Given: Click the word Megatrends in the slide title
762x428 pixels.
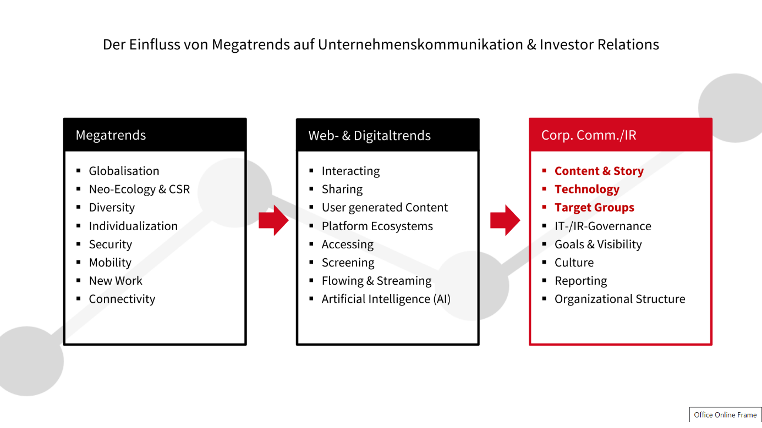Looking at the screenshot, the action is [x=250, y=45].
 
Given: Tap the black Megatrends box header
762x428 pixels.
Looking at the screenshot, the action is [x=155, y=135].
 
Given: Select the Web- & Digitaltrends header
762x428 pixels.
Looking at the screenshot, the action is [x=387, y=135].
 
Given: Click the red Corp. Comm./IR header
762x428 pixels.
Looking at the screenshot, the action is [x=621, y=135].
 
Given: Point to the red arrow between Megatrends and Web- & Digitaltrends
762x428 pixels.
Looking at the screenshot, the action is [x=273, y=220].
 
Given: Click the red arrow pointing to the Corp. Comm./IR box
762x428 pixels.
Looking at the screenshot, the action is [x=505, y=220].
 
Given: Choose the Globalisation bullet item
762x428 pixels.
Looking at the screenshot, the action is [x=124, y=171].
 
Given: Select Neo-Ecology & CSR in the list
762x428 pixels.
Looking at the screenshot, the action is [x=139, y=189].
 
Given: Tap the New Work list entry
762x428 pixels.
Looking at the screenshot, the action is [x=116, y=281].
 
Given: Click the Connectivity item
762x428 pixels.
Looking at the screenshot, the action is [x=122, y=299].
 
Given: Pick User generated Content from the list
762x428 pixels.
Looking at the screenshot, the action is [x=385, y=208].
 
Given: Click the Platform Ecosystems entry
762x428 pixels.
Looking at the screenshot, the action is [x=377, y=226].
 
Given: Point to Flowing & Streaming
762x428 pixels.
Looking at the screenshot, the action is [x=376, y=281].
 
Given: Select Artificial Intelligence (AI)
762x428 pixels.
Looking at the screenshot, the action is [x=386, y=299].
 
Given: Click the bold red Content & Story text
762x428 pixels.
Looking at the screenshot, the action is [x=599, y=171].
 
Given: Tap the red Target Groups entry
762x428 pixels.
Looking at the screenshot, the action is [x=594, y=208].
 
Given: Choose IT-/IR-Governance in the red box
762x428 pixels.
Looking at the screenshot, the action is [x=603, y=226].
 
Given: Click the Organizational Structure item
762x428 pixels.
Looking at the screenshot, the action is [x=620, y=299].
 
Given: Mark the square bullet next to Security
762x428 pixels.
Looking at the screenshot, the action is [x=79, y=243].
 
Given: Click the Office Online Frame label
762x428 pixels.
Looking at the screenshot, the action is [x=725, y=415].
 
